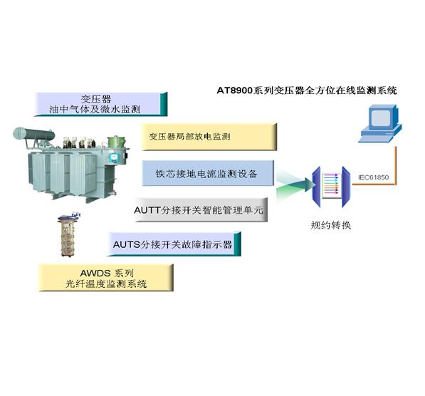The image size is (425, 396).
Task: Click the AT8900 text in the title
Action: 235,90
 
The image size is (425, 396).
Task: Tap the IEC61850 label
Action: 373,177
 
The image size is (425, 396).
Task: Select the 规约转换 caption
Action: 331,225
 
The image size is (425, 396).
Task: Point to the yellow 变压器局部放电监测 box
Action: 209,137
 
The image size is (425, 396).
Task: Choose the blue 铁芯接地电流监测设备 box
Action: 208,173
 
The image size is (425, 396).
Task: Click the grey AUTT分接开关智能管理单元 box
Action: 201,210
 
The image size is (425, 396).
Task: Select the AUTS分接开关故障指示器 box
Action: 174,244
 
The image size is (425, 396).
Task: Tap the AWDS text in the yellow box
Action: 95,273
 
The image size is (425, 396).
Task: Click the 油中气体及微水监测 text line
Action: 95,109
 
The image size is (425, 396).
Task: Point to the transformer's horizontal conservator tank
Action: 34,134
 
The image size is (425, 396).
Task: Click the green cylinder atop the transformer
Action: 117,142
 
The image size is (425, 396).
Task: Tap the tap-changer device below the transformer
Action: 68,235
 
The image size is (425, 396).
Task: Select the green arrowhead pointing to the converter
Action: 310,184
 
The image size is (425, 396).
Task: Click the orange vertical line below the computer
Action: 396,165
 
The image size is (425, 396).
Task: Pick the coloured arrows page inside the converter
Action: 332,185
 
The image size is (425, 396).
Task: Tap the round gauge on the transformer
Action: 114,157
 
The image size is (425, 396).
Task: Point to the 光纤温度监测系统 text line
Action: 106,283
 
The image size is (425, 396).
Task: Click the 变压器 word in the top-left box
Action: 95,99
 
